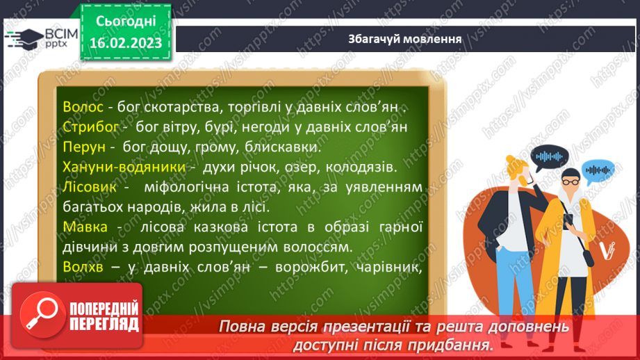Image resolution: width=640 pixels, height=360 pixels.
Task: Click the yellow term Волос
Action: (x=83, y=108)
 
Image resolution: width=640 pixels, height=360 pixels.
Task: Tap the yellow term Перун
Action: (x=83, y=147)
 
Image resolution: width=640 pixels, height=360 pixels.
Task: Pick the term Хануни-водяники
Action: (x=124, y=167)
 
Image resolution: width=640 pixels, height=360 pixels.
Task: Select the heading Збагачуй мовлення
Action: (x=405, y=38)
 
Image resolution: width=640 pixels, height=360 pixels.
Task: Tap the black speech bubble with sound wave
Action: (x=554, y=155)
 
